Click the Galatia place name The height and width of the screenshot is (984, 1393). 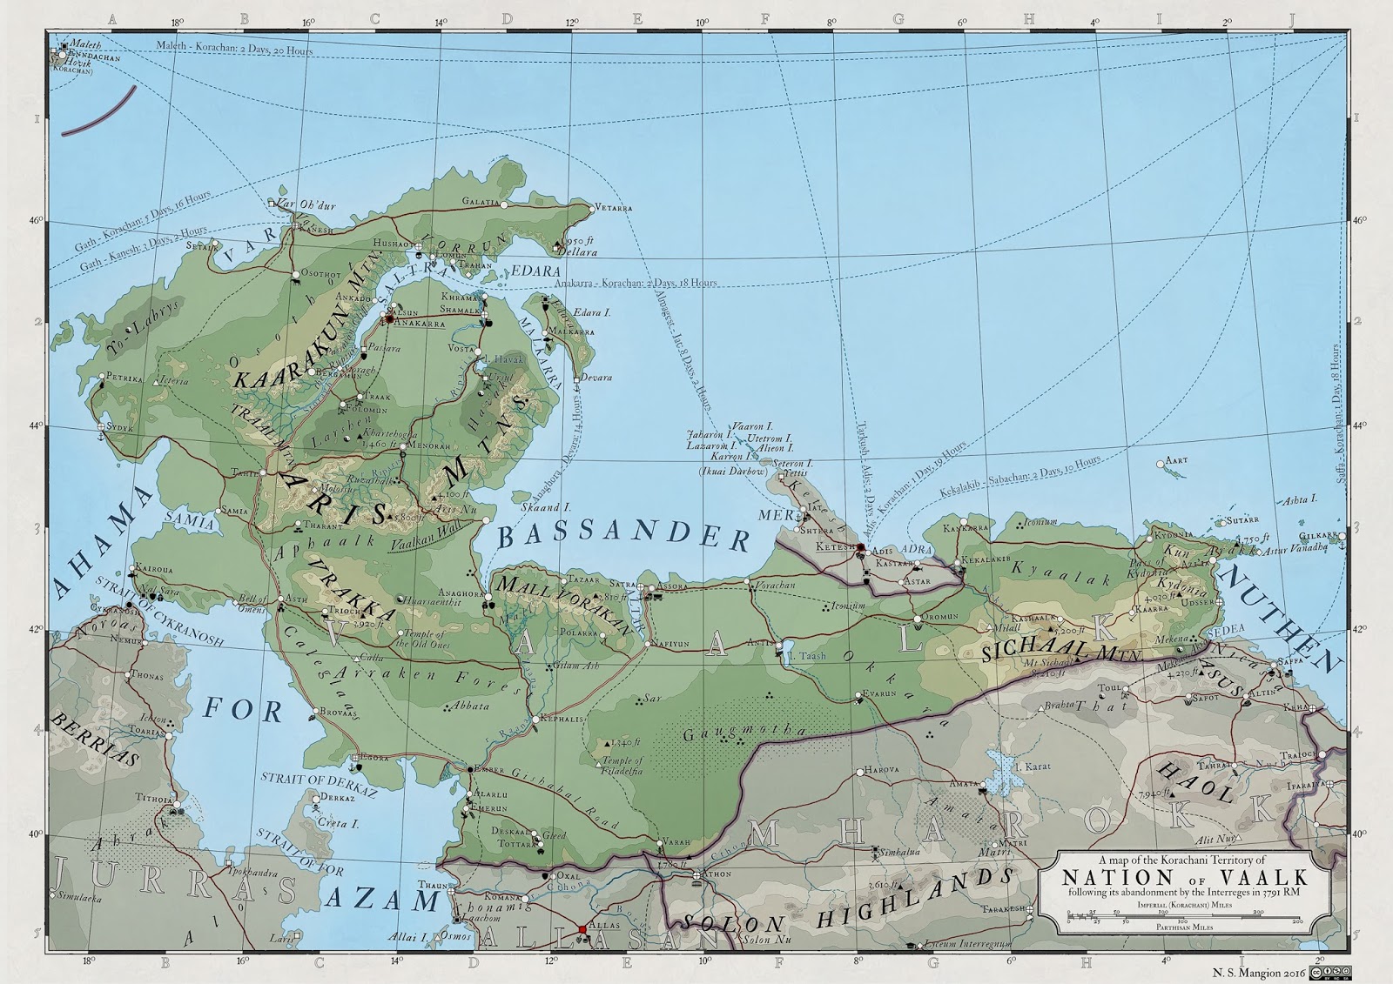tap(482, 201)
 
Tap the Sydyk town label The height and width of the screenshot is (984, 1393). tap(120, 429)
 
